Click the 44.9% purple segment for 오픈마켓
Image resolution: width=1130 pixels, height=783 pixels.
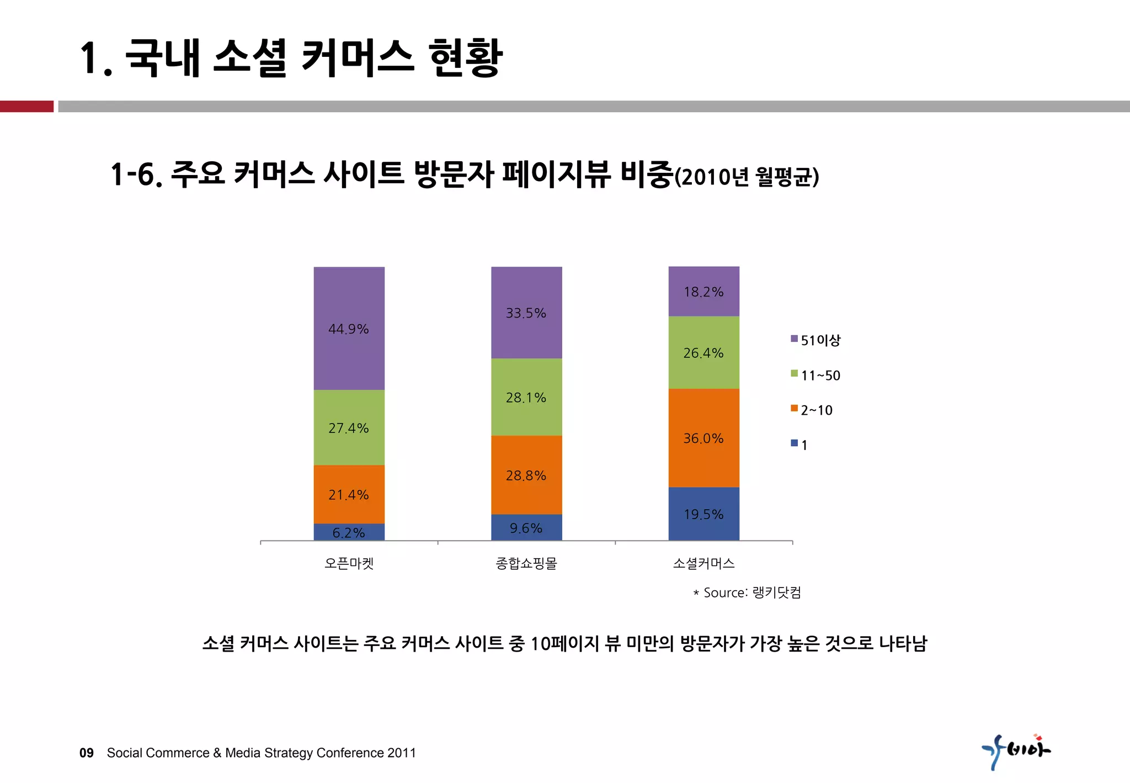pos(349,329)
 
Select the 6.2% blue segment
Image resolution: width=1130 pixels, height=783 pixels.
pos(349,532)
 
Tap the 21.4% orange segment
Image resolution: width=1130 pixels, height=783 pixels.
pos(349,494)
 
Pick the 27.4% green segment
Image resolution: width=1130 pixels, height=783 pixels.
pos(349,427)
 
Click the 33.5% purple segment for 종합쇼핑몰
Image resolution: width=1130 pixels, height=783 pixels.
pos(526,313)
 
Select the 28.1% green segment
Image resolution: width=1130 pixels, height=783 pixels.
pos(526,397)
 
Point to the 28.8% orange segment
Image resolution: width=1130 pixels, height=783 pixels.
pos(526,475)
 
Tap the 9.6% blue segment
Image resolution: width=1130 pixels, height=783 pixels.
pos(526,528)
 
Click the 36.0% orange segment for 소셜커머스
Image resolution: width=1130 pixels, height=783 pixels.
pos(703,438)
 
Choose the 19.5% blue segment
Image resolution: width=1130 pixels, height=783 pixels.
pos(703,514)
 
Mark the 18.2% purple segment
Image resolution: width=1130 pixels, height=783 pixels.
pos(703,292)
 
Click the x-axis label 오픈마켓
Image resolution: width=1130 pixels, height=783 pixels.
pos(349,563)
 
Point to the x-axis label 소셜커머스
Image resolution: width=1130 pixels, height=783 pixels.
pos(703,563)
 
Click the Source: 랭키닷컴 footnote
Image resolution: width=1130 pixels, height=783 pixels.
pos(748,592)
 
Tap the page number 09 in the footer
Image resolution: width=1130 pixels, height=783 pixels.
pos(87,753)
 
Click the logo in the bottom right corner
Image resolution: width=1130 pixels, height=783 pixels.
pos(1016,751)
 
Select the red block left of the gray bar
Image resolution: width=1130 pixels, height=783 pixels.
pos(26,106)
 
